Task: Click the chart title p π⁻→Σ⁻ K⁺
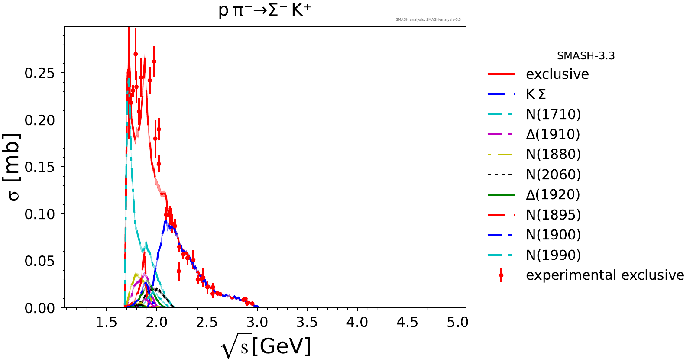coord(265,10)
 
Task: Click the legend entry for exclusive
coord(557,74)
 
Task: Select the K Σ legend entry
coord(536,94)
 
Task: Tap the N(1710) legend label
coord(553,114)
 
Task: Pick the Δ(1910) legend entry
coord(553,134)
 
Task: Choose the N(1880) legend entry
coord(553,154)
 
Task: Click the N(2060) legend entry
coord(553,175)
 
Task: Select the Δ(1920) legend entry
coord(553,194)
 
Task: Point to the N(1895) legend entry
coord(553,215)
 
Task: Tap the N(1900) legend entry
coord(553,235)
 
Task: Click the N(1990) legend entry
coord(553,255)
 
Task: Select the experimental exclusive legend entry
coord(605,275)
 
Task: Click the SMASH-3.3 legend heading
coord(586,56)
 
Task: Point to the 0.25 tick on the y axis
coord(40,73)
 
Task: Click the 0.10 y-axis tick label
coord(40,214)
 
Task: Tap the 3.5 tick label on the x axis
coord(307,322)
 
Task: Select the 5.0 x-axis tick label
coord(458,322)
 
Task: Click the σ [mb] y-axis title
coord(13,167)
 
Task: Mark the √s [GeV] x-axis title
coord(266,347)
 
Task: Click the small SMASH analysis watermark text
coord(428,19)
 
